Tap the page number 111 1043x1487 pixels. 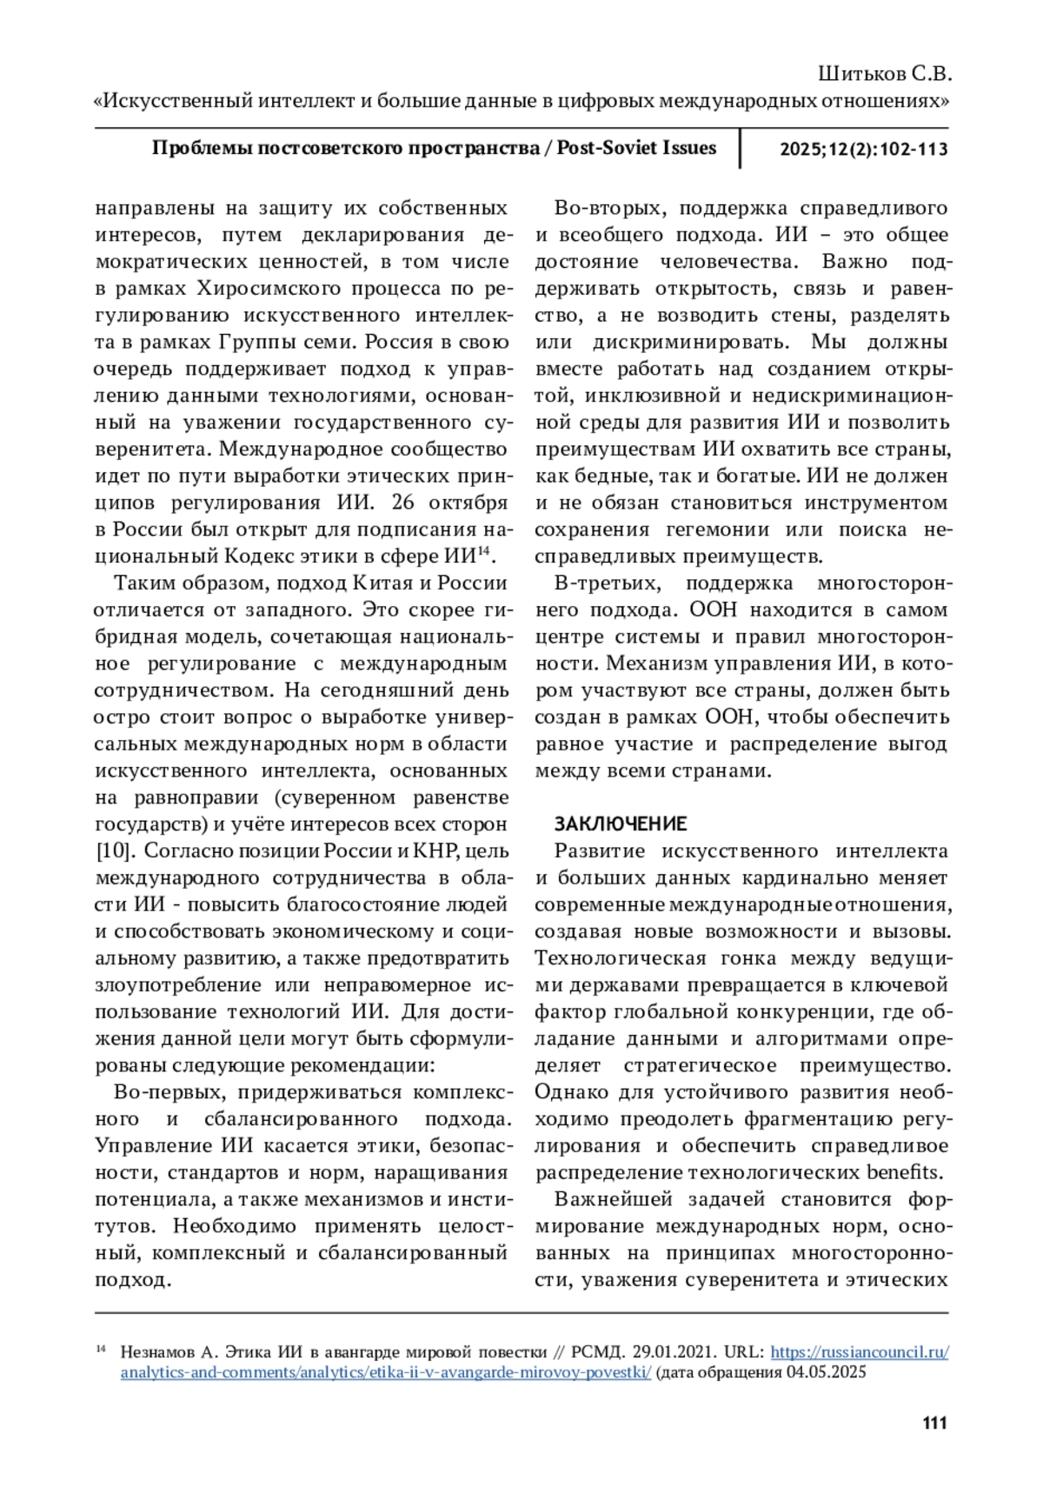point(933,1424)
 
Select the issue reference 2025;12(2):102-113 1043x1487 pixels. point(863,149)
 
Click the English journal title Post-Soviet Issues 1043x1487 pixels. point(636,148)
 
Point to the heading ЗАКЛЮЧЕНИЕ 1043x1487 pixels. point(621,824)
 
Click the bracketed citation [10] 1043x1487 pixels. point(112,850)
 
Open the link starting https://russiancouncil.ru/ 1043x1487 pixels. point(859,1352)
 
